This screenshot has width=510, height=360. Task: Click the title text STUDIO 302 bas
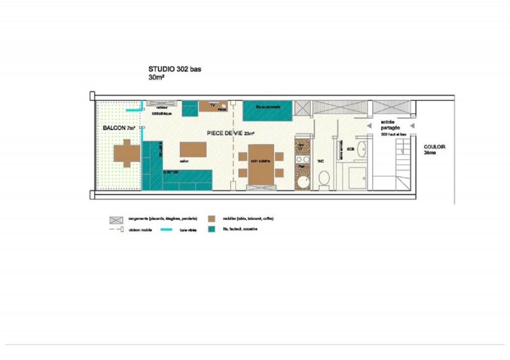click(x=174, y=69)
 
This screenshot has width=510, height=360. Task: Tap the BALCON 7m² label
click(x=119, y=128)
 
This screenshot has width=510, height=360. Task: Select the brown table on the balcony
click(x=126, y=153)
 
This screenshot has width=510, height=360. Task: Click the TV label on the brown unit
click(x=212, y=105)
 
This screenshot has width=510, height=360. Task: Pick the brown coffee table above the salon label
click(x=193, y=150)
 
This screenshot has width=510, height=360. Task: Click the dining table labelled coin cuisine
click(x=261, y=164)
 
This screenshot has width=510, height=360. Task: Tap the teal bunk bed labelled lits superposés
click(x=267, y=111)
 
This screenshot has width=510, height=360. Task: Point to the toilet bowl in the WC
click(x=324, y=178)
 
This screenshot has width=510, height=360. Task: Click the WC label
click(x=322, y=162)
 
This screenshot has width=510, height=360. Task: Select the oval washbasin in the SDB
click(x=362, y=150)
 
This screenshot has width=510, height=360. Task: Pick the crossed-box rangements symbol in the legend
click(x=116, y=219)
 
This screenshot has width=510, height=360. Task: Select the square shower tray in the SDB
click(x=357, y=178)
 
